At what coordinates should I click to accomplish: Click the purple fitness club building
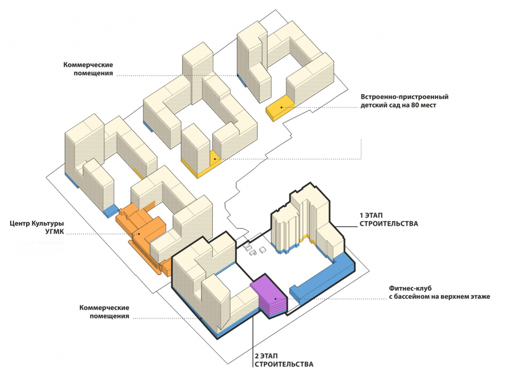coord(270,296)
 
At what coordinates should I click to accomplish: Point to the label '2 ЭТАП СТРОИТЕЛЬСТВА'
coord(283,360)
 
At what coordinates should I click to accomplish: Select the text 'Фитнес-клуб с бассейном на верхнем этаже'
coord(439,293)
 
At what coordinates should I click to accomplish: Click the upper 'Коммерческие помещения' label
coord(88,69)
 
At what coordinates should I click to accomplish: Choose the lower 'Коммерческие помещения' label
coord(104,312)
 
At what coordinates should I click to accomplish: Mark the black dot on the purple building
coord(276,299)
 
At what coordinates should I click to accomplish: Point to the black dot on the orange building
coord(138,234)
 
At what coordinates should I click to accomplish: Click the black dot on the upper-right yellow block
coord(281,106)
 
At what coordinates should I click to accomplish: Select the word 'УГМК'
coord(53,232)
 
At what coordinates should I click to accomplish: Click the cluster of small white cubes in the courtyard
coord(253,247)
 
